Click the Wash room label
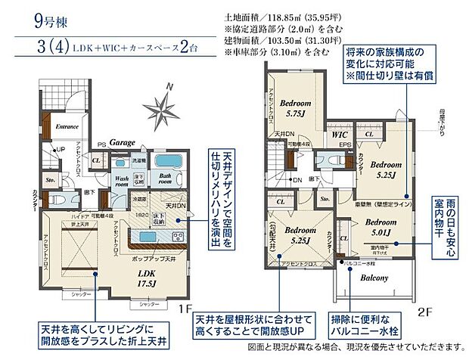tap(121, 182)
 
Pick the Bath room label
tap(166, 182)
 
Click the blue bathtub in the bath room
tap(166, 165)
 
